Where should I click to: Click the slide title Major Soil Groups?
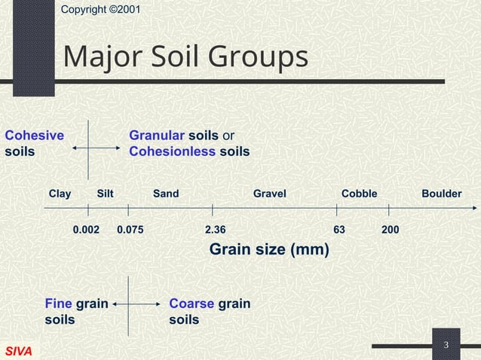click(185, 57)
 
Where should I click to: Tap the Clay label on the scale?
click(60, 194)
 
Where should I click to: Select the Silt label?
click(106, 194)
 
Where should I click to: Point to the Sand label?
click(166, 194)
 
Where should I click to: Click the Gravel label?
click(269, 194)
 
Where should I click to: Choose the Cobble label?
click(359, 194)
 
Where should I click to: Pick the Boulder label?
click(441, 194)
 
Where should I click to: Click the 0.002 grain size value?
click(86, 228)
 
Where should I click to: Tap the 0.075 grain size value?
click(130, 228)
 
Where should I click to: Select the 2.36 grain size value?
click(215, 228)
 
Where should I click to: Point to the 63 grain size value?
click(339, 228)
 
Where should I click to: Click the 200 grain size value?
click(391, 228)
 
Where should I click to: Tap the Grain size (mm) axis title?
click(268, 249)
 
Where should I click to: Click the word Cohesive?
click(34, 136)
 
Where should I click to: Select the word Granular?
click(157, 136)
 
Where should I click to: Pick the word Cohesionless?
click(173, 152)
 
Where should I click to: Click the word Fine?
click(58, 304)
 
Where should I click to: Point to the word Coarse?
click(191, 304)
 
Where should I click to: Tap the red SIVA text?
click(18, 352)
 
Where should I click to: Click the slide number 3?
click(446, 345)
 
